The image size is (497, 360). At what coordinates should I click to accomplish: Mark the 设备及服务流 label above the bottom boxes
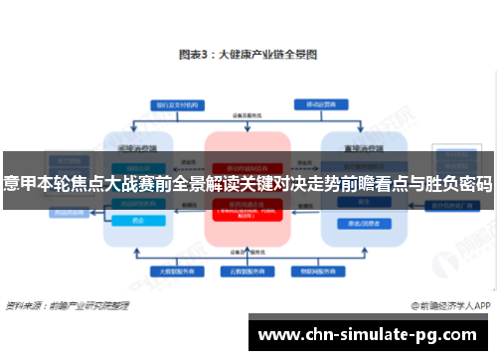[x=247, y=253]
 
